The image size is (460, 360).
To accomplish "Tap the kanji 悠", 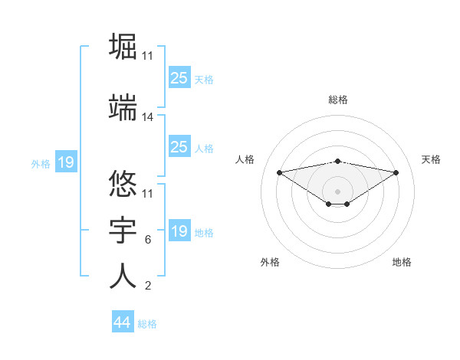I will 123,182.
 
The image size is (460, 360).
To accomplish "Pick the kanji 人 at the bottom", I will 123,277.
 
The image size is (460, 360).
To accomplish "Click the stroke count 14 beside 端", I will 148,117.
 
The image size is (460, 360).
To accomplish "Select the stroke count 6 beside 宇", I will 147,240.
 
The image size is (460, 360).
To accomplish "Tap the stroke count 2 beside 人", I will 147,286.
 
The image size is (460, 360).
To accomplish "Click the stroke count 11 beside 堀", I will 148,56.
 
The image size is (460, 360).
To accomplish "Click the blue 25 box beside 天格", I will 179,78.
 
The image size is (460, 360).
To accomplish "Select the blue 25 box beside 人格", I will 179,147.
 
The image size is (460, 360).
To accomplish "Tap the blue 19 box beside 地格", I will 179,231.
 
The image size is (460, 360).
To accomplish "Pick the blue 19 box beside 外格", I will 65,162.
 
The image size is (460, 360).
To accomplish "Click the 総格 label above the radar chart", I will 338,100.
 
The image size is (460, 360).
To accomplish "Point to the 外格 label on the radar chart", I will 270,262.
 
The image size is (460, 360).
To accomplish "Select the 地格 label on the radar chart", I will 402,262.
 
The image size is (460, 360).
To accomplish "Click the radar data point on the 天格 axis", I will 396,172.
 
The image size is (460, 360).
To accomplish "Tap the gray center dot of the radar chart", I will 337,191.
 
